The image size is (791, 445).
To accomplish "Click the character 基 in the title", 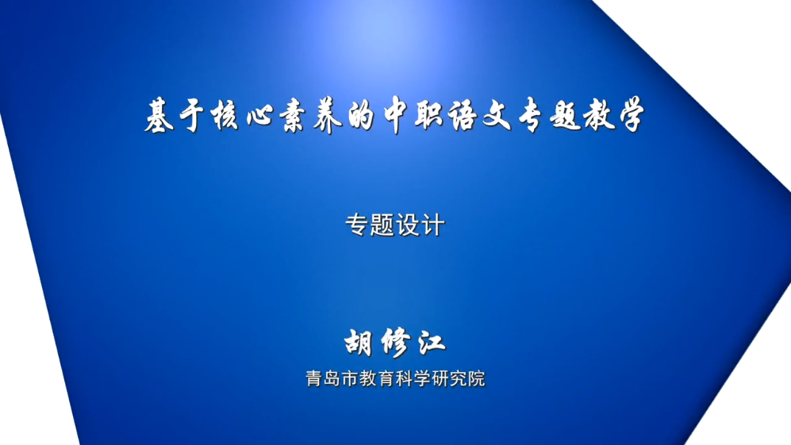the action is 159,116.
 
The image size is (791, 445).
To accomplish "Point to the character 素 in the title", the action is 294,116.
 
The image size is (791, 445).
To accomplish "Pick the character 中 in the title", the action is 395,116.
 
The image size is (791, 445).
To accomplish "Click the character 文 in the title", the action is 497,116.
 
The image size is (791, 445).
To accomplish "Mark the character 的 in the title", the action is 361,116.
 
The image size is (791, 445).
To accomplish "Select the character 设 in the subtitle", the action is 408,225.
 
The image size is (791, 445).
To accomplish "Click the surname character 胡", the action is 359,343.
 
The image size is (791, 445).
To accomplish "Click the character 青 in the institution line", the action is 313,378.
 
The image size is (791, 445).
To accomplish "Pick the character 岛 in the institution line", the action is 332,378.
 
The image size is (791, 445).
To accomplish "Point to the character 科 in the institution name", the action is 405,378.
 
